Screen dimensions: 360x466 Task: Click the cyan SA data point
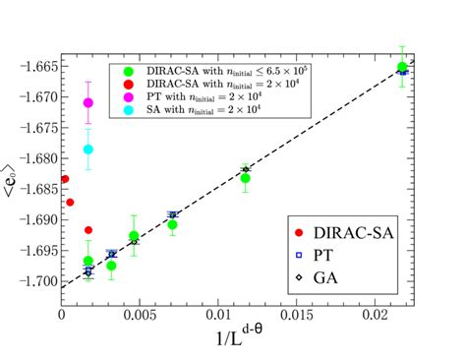click(88, 150)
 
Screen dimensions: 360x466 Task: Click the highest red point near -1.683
click(64, 179)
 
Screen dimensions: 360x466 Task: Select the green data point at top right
click(402, 67)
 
